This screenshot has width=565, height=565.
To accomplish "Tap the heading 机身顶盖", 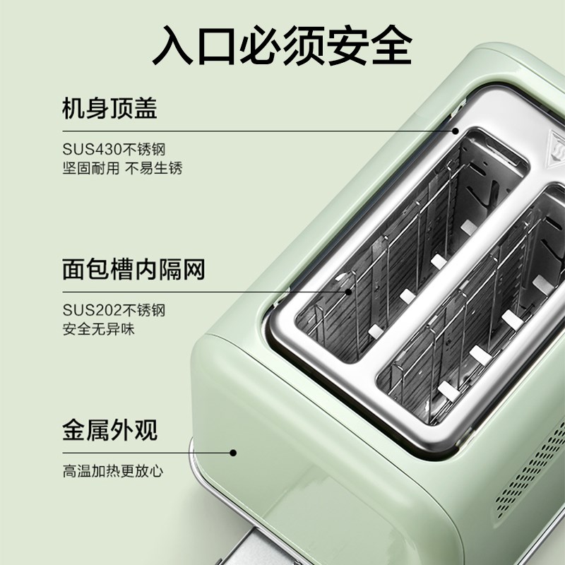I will point(109,109).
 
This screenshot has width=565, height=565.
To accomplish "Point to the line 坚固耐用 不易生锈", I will point(122,169).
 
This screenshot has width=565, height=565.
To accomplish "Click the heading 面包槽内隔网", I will point(133,269).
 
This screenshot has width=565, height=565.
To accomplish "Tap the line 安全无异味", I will point(98,329).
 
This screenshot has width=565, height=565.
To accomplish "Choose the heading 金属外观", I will point(109,429).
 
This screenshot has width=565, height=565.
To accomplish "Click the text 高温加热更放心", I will point(112,470).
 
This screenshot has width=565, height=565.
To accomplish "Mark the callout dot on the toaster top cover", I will point(456,131).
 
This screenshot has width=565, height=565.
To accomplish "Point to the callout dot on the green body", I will point(234,451).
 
